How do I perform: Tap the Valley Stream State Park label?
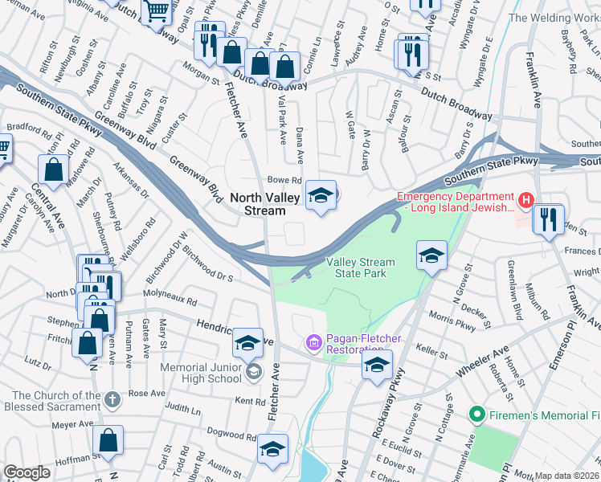[360, 268]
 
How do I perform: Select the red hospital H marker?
[525, 199]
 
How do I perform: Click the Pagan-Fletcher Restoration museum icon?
[313, 344]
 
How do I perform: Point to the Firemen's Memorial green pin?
[476, 415]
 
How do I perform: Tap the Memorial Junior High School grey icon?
[254, 370]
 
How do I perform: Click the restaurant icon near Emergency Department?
[549, 219]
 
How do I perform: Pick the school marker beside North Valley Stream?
[321, 195]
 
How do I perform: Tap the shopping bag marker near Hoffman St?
[108, 441]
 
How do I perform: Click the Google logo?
[27, 473]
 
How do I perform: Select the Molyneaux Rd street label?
[170, 299]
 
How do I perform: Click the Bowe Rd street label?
[284, 181]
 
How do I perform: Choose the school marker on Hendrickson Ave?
[248, 343]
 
